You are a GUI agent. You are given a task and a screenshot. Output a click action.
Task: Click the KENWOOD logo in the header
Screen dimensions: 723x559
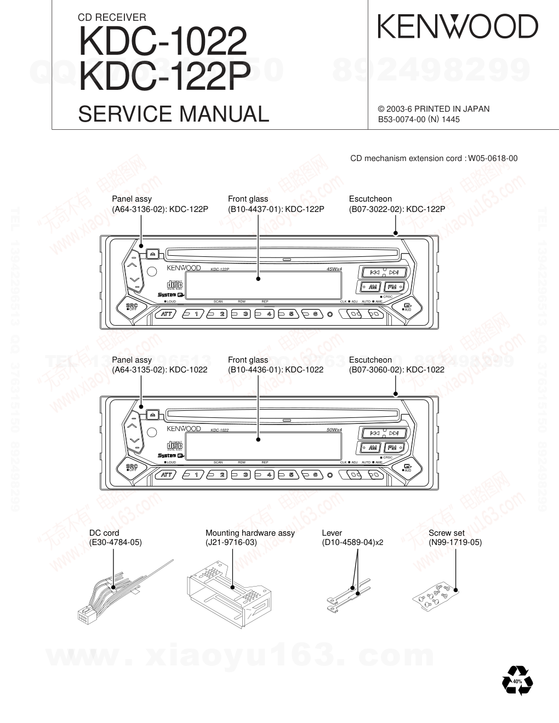(458, 26)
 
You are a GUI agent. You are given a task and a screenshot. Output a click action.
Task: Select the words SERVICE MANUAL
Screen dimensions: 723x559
(174, 113)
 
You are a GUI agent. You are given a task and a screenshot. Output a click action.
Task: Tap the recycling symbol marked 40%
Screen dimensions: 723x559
(517, 681)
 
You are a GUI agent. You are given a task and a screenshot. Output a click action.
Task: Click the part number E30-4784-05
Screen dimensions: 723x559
(116, 542)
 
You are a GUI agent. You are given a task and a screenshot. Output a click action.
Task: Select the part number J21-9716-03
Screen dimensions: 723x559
(231, 542)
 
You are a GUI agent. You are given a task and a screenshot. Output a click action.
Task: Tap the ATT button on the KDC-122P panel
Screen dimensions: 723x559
(166, 314)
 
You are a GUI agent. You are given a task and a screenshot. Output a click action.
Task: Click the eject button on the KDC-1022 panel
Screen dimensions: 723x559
(152, 414)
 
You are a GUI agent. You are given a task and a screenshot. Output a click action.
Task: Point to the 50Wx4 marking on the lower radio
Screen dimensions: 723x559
(334, 430)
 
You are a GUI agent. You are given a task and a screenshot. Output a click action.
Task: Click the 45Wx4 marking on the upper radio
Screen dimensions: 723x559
(334, 269)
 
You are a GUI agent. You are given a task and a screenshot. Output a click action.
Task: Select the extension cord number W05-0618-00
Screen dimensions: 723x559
(492, 158)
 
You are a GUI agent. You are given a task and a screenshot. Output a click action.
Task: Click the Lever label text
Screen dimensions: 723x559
(332, 532)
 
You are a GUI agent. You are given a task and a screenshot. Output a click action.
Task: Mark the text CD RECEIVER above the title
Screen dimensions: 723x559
(112, 18)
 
